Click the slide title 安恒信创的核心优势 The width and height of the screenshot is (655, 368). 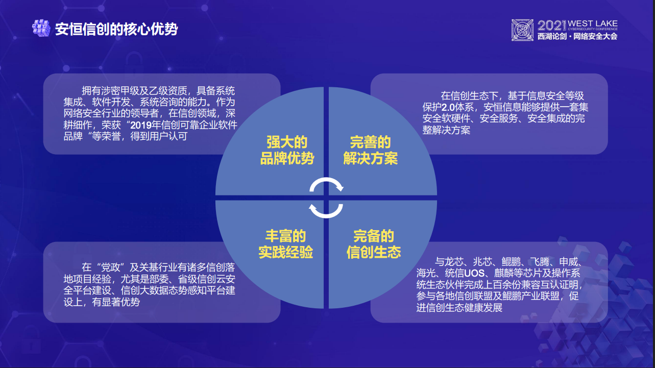click(x=116, y=29)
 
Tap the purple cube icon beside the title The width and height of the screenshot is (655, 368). click(x=40, y=28)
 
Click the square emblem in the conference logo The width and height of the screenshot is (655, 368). click(x=523, y=31)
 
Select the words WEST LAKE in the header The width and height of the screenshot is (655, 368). click(x=592, y=23)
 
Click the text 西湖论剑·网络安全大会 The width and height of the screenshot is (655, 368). click(x=577, y=37)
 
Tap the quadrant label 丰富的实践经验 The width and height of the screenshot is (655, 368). click(x=285, y=244)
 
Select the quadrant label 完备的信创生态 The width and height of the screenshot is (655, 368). click(x=374, y=244)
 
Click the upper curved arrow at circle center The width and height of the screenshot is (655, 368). click(x=326, y=185)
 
